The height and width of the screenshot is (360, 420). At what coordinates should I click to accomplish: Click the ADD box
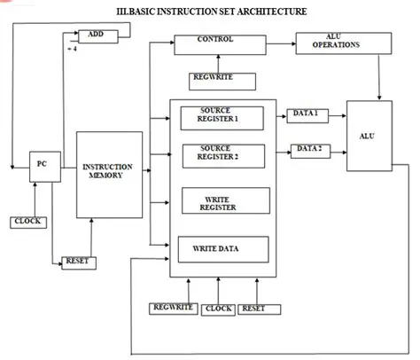tap(96, 35)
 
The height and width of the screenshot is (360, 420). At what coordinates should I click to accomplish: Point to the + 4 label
tap(73, 50)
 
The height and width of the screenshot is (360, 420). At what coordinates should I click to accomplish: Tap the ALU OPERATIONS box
tap(324, 42)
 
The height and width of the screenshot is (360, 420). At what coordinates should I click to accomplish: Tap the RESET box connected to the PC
tap(79, 262)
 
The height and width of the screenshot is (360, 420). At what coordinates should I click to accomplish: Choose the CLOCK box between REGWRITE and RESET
tap(218, 309)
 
